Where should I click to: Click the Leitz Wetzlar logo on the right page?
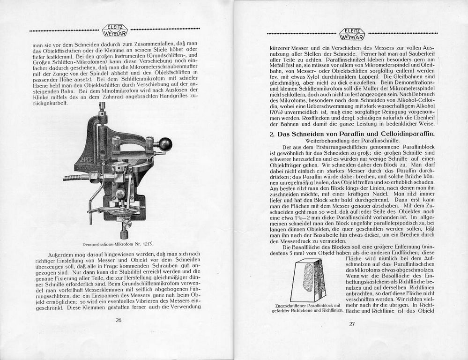pyautogui.click(x=352, y=34)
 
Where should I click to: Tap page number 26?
pyautogui.click(x=119, y=320)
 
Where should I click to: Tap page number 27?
pyautogui.click(x=352, y=324)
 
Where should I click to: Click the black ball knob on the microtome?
pyautogui.click(x=165, y=144)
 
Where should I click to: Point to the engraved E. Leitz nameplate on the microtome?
pyautogui.click(x=87, y=161)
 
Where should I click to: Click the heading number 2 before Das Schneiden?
pyautogui.click(x=271, y=135)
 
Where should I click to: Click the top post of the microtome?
pyautogui.click(x=101, y=108)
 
